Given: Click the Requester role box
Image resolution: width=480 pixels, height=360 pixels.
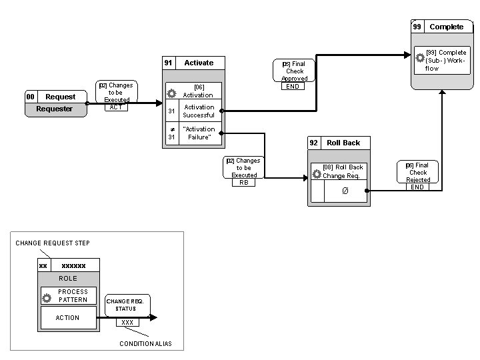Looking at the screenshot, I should click(56, 109).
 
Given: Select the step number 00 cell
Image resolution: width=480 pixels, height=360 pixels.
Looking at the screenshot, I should click(30, 97).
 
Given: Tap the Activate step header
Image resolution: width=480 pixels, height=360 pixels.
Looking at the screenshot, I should click(199, 63).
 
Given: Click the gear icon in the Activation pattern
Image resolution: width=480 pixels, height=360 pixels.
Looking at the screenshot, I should click(171, 94).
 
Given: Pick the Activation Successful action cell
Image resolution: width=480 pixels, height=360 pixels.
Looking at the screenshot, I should click(199, 111).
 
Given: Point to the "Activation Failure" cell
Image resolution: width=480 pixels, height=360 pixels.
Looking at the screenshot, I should click(199, 133).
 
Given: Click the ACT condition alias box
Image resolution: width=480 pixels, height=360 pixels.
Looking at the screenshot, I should click(116, 107).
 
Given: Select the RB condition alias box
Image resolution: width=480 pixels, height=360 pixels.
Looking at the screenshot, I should click(243, 182).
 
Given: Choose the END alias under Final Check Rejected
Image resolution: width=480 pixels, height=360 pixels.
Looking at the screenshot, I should click(417, 187).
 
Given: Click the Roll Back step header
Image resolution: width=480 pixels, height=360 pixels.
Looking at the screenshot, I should click(343, 143).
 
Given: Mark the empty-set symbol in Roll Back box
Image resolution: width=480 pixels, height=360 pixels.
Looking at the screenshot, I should click(345, 191).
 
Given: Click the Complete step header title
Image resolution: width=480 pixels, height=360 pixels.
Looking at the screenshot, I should click(446, 27).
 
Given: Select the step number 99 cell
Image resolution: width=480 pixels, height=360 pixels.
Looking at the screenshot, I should click(417, 27).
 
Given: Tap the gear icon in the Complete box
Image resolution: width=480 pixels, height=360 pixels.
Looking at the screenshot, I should click(420, 58).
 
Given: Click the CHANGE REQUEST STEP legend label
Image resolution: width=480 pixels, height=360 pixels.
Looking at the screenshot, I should click(53, 243).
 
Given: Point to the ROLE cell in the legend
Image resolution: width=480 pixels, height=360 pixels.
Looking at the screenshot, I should click(68, 279).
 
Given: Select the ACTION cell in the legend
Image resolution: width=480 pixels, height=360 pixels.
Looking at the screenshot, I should click(68, 317).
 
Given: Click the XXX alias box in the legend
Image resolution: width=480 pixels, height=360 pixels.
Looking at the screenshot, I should click(127, 322).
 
